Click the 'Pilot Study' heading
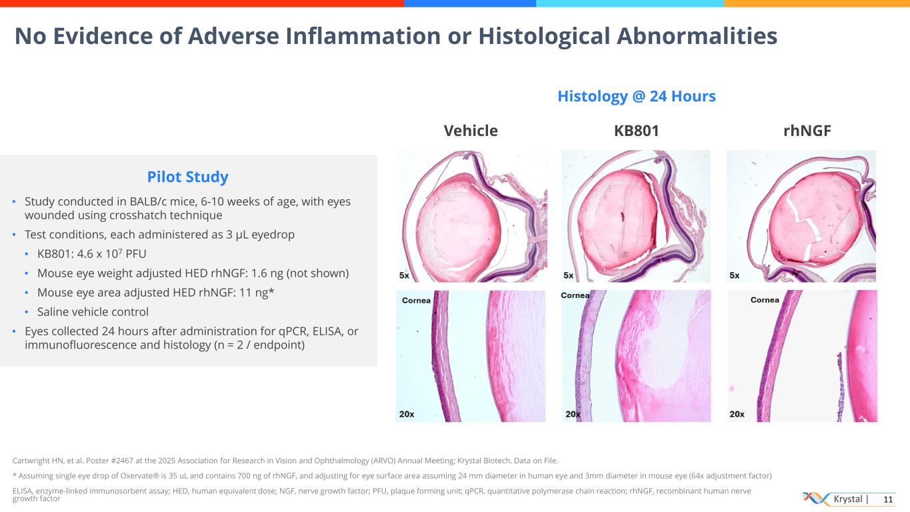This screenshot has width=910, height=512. pos(187,177)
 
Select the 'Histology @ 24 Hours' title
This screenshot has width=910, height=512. pos(636,97)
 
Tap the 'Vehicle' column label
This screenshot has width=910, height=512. pos(471,131)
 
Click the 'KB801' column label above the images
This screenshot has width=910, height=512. pos(636,131)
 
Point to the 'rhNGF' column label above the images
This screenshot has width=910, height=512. pos(807,131)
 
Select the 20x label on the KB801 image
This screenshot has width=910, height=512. pos(573,414)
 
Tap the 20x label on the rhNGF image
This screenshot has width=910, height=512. pos(737,414)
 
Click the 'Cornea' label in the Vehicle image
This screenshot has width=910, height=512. pos(416,301)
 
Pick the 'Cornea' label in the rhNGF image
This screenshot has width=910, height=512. pos(765,300)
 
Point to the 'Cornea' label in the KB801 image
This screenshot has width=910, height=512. pos(575,295)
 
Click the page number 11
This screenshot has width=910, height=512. pos(887,499)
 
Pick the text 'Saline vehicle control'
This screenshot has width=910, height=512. pos(93,312)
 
